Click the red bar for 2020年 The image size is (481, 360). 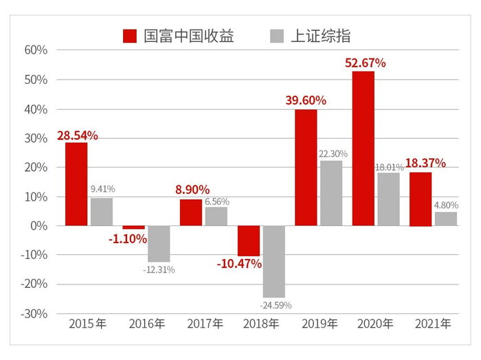pyautogui.click(x=363, y=148)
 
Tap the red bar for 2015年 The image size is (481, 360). pyautogui.click(x=76, y=184)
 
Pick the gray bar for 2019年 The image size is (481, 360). pyautogui.click(x=331, y=193)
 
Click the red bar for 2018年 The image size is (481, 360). pyautogui.click(x=249, y=240)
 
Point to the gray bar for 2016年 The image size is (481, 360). pyautogui.click(x=159, y=243)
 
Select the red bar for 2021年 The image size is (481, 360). pyautogui.click(x=421, y=199)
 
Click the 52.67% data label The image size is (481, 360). pyautogui.click(x=365, y=63)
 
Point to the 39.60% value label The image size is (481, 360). pyautogui.click(x=306, y=100)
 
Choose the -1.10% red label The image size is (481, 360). pyautogui.click(x=128, y=239)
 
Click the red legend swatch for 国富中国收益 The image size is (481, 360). pyautogui.click(x=130, y=36)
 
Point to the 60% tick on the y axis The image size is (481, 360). pyautogui.click(x=36, y=50)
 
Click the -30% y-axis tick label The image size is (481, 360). pyautogui.click(x=34, y=313)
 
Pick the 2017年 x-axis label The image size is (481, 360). pyautogui.click(x=203, y=324)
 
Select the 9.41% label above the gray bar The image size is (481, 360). pyautogui.click(x=102, y=189)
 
